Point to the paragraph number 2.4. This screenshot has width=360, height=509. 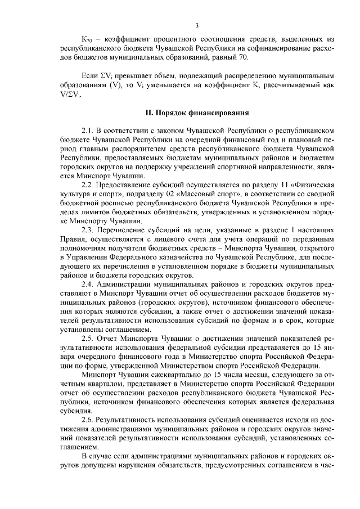88,285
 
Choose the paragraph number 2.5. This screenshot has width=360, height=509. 88,338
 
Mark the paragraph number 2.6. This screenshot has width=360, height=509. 88,420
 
